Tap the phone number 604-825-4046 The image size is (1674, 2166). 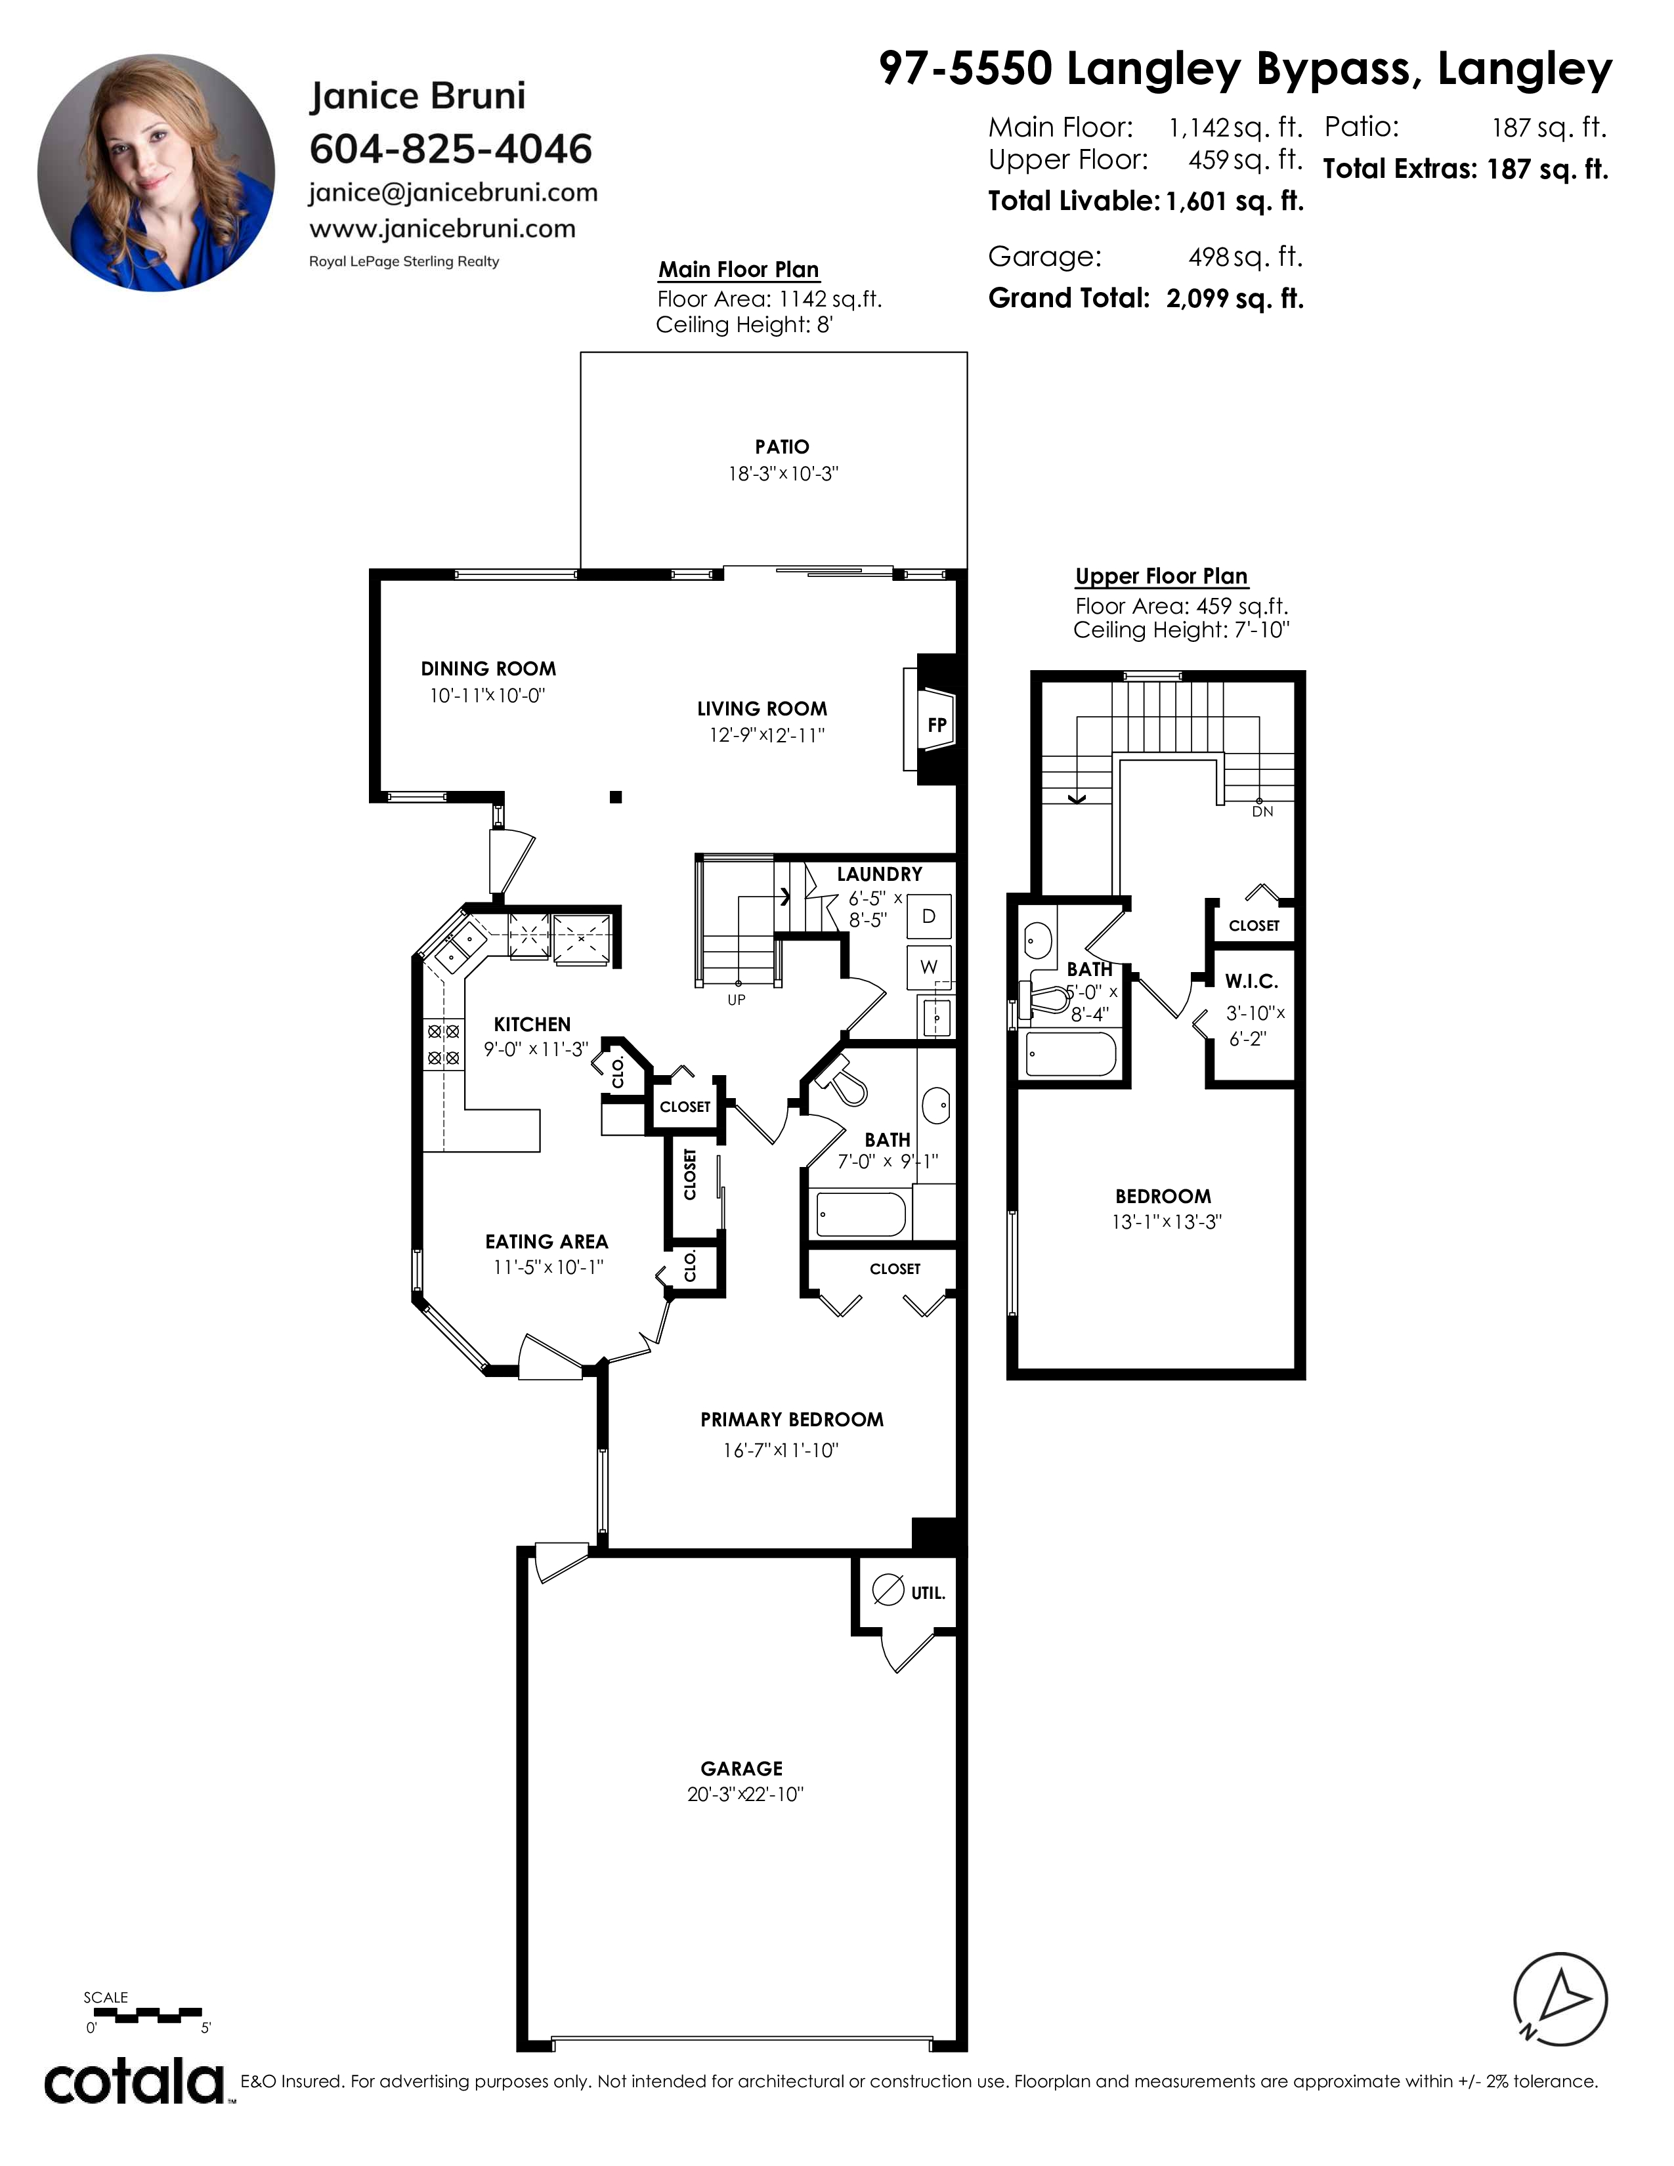pyautogui.click(x=450, y=149)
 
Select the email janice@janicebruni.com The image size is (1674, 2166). pyautogui.click(x=453, y=192)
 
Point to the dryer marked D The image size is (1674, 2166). pyautogui.click(x=929, y=916)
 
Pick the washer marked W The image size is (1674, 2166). pyautogui.click(x=929, y=967)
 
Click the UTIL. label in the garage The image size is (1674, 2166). pyautogui.click(x=928, y=1593)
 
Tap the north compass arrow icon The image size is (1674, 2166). pyautogui.click(x=1560, y=2001)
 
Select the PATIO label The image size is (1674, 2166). pyautogui.click(x=783, y=447)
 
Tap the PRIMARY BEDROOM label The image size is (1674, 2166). pyautogui.click(x=792, y=1419)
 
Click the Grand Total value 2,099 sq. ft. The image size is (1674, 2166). pyautogui.click(x=1235, y=299)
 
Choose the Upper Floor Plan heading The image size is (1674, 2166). pyautogui.click(x=1161, y=576)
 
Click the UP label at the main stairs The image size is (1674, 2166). pyautogui.click(x=736, y=1000)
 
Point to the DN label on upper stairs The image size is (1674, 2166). pyautogui.click(x=1262, y=811)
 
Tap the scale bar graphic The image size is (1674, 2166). pyautogui.click(x=145, y=2015)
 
